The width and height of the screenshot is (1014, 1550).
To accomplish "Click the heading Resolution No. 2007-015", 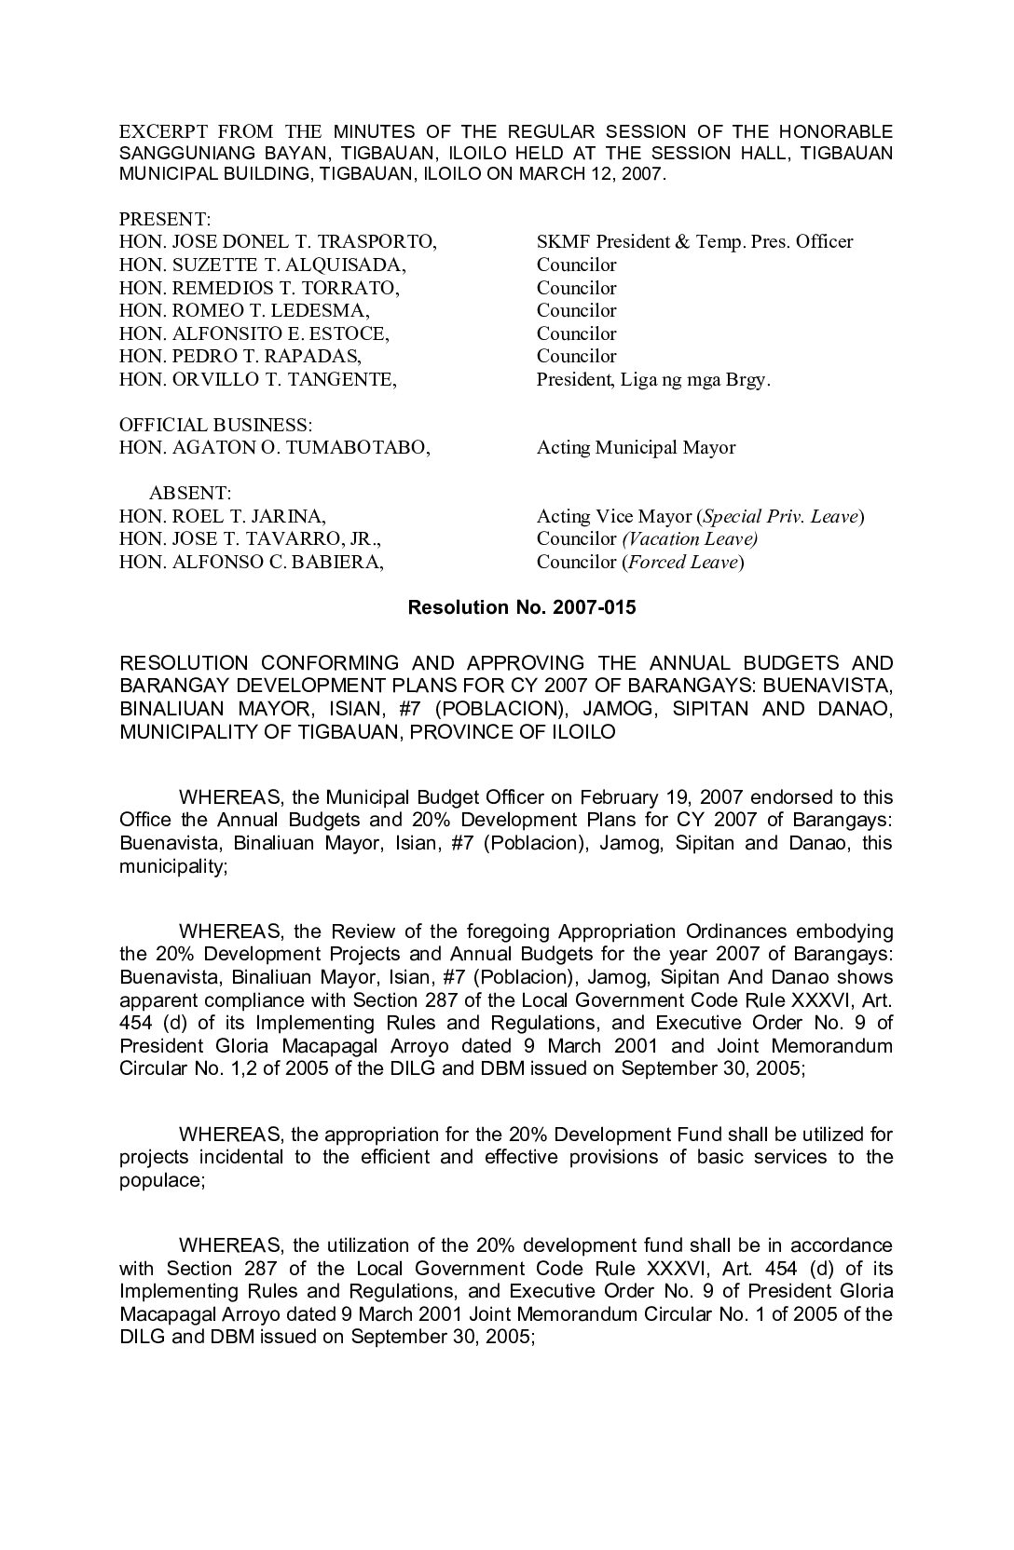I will pyautogui.click(x=522, y=608).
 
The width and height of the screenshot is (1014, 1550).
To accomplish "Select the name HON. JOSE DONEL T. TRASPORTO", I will pyautogui.click(x=278, y=242).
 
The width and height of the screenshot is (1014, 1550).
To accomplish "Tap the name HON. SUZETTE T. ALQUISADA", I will pyautogui.click(x=263, y=265).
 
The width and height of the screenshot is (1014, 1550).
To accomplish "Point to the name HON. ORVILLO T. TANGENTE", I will pyautogui.click(x=258, y=379).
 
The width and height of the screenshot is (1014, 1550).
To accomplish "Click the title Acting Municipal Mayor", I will pyautogui.click(x=636, y=448).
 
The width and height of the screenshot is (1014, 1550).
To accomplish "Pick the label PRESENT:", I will pyautogui.click(x=165, y=220).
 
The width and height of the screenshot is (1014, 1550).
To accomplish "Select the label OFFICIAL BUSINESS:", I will pyautogui.click(x=215, y=426).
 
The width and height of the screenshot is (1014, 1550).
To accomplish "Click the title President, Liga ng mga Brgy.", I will pyautogui.click(x=653, y=379).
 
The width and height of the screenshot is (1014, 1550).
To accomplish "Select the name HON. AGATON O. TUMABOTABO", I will pyautogui.click(x=275, y=448).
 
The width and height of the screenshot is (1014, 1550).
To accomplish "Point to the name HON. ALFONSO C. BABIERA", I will pyautogui.click(x=252, y=562).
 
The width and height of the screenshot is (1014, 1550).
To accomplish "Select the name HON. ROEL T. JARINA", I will pyautogui.click(x=223, y=516).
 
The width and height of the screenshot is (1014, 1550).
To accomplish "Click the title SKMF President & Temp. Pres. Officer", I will pyautogui.click(x=694, y=242).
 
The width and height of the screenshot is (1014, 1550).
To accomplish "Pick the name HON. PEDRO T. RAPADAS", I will pyautogui.click(x=240, y=356).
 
